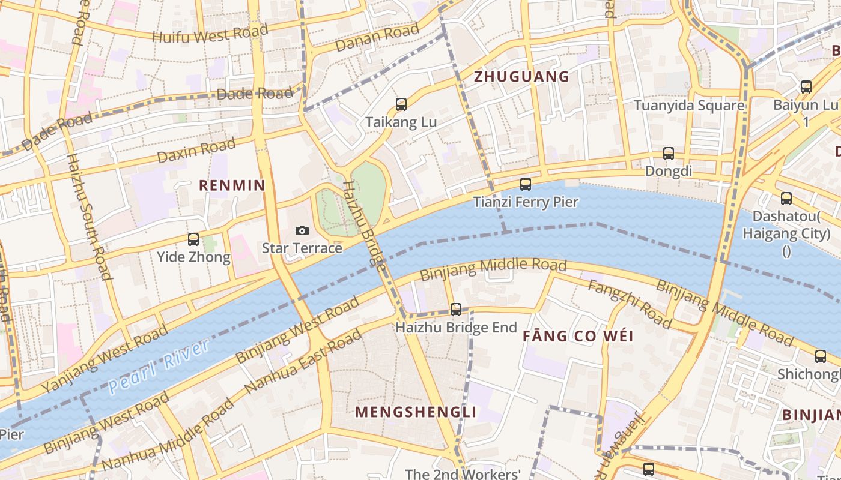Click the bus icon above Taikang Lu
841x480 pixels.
point(401,104)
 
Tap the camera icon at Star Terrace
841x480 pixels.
point(302,231)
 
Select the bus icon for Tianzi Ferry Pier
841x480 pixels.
point(526,184)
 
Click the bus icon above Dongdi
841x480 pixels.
point(669,154)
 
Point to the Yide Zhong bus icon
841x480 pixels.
point(193,239)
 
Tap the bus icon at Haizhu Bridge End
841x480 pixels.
point(456,310)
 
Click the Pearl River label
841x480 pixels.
point(159,365)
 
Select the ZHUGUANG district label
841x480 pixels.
point(521,77)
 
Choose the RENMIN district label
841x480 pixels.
point(232,185)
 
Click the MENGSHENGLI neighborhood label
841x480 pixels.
point(416,412)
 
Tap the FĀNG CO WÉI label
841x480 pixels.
point(578,336)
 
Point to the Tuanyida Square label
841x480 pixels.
point(689,106)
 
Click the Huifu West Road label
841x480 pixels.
point(210,34)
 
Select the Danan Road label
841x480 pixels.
point(377,38)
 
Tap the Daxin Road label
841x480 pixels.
point(196,151)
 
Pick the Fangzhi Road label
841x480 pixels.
point(630,304)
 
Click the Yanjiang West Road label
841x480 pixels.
point(106,359)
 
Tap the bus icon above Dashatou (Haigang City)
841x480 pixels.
point(786,199)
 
